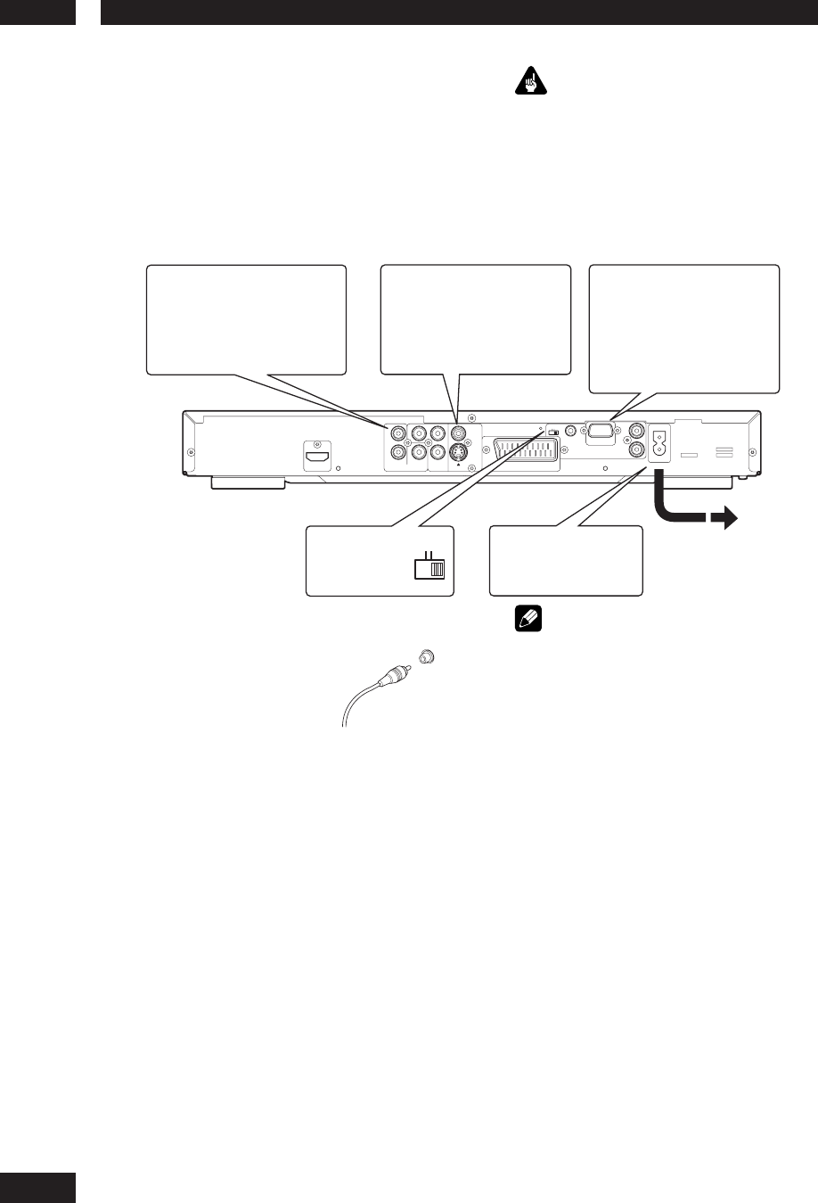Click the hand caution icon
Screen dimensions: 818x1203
532,83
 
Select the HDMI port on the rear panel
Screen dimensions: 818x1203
316,458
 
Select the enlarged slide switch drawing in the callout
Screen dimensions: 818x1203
429,569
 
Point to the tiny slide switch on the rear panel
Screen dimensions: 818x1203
553,433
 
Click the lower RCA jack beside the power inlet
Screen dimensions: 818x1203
636,451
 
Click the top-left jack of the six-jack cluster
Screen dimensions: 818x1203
397,434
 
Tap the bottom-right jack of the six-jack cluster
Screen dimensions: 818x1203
437,452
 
